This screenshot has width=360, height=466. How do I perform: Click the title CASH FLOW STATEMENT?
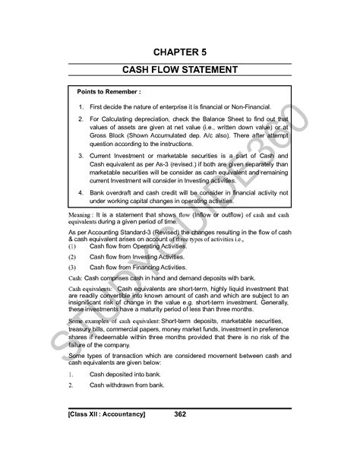[181, 70]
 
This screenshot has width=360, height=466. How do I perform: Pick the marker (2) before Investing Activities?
[73, 258]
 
